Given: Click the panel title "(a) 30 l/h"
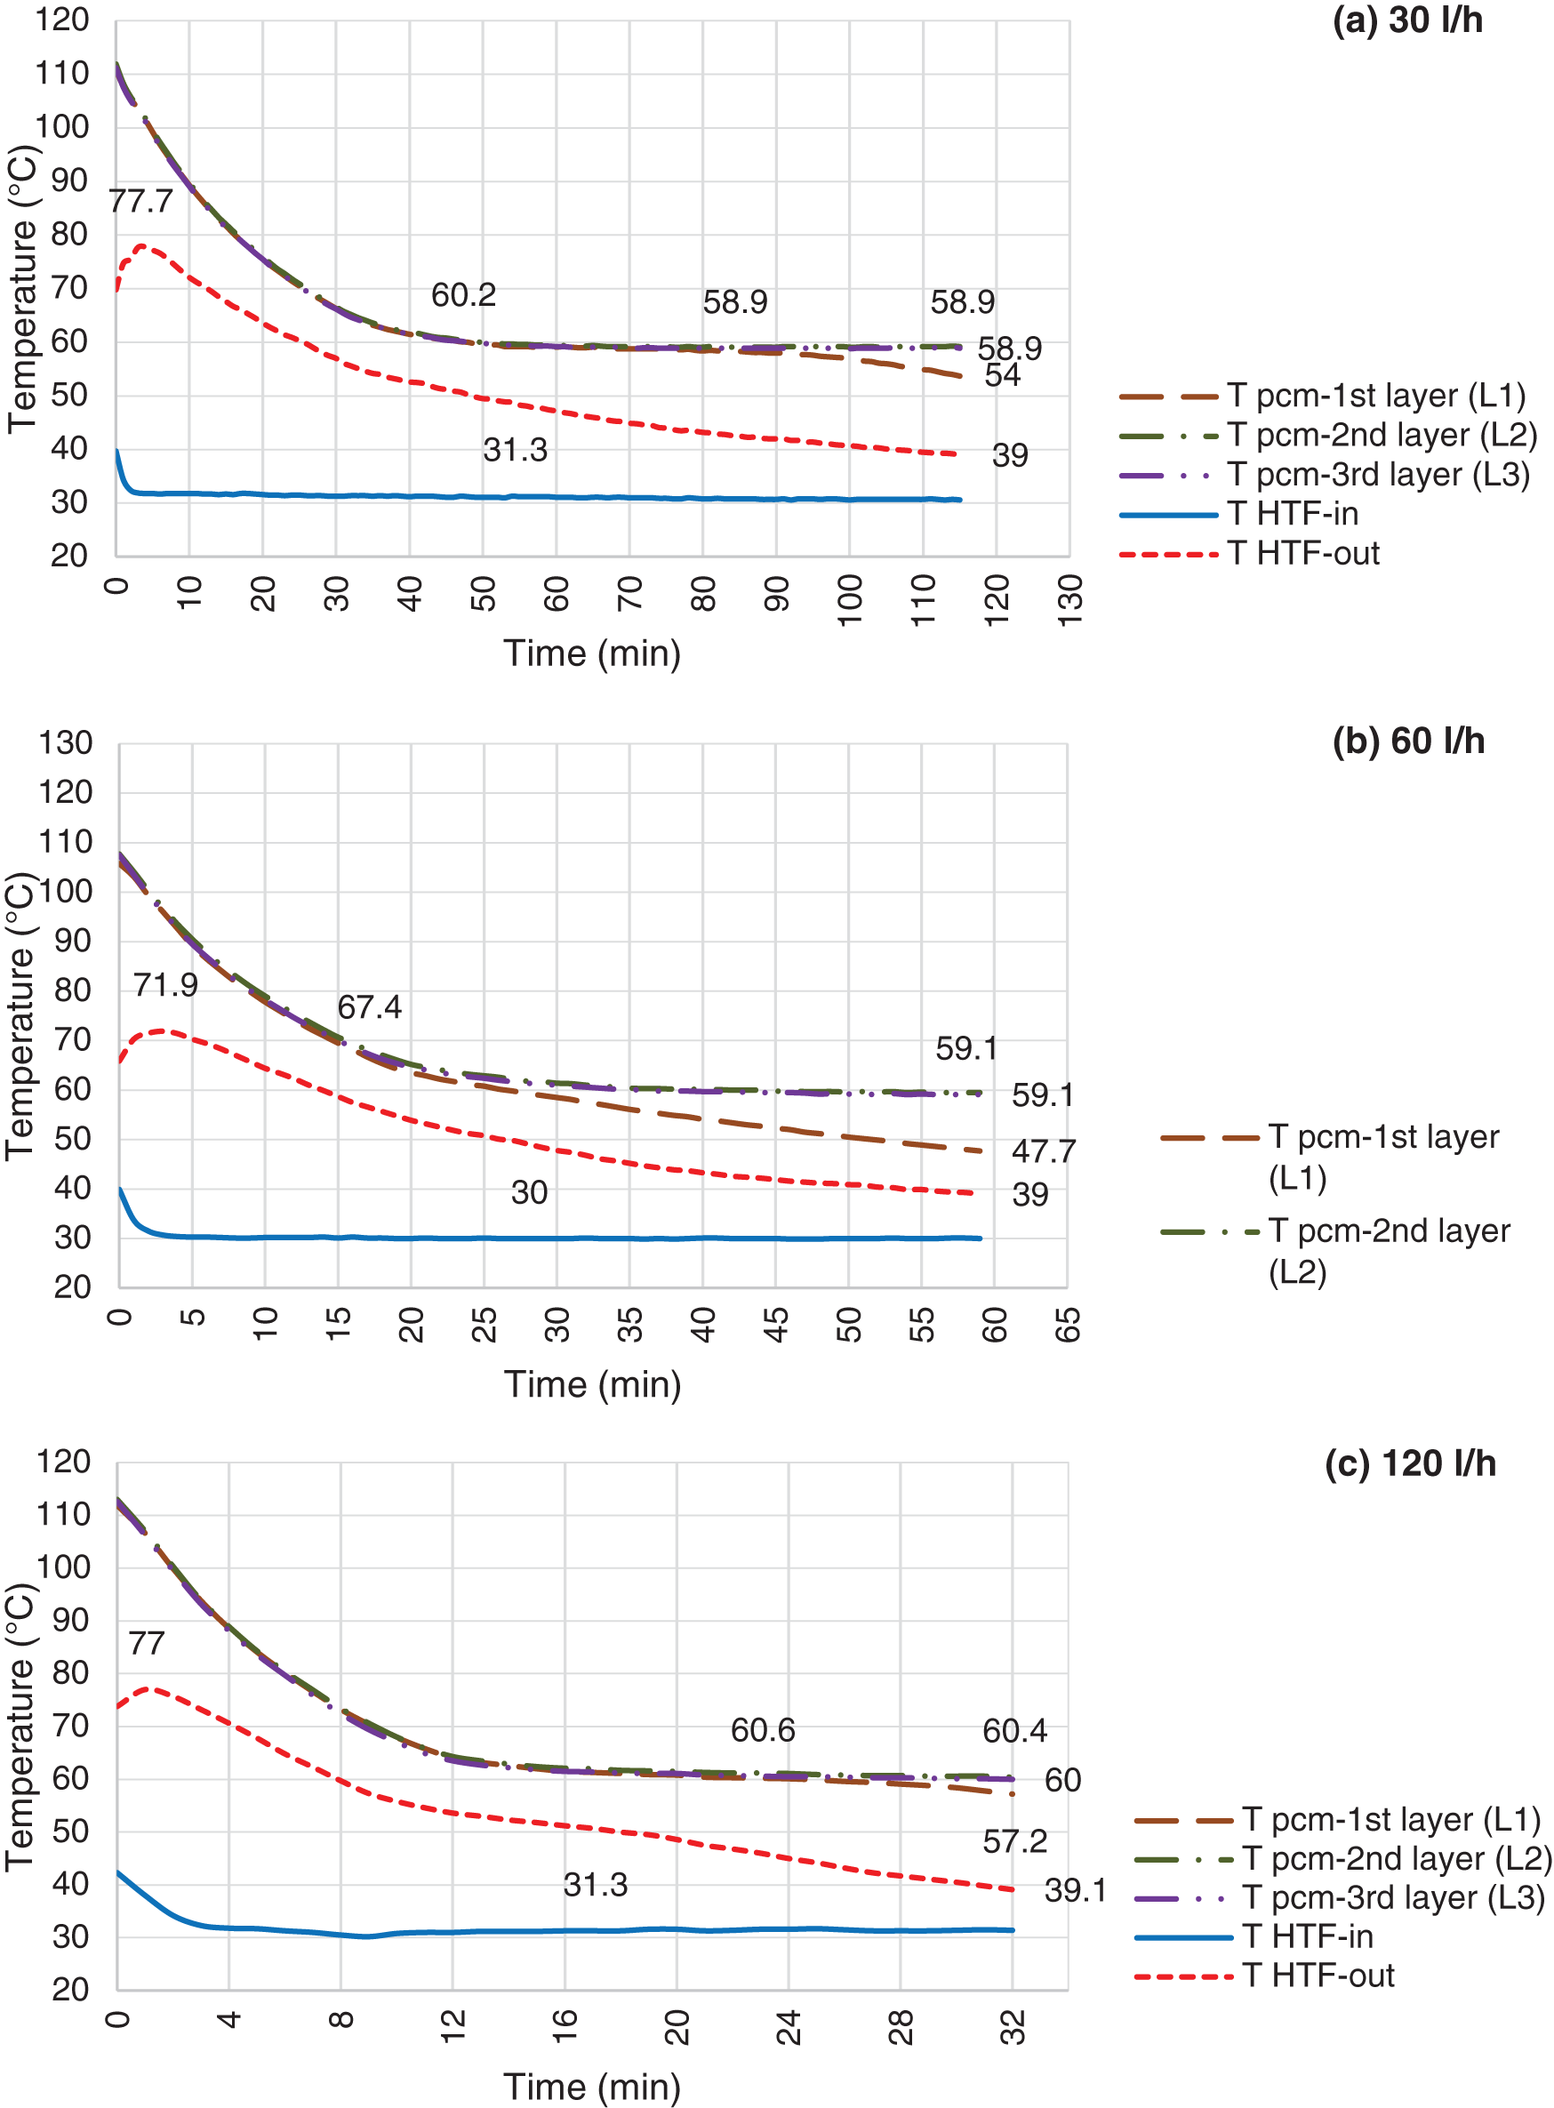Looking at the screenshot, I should pyautogui.click(x=1406, y=20).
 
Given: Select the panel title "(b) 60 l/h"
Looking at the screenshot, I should pyautogui.click(x=1407, y=741).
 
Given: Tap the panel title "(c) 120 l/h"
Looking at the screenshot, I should pyautogui.click(x=1409, y=1463).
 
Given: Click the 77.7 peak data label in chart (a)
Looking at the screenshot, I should pyautogui.click(x=141, y=201).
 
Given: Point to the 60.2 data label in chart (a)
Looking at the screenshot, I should pyautogui.click(x=463, y=295).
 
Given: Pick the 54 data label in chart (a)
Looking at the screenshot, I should pyautogui.click(x=1002, y=376).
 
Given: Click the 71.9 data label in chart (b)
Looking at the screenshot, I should pyautogui.click(x=165, y=985).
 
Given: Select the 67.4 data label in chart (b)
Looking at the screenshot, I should pyautogui.click(x=369, y=1007).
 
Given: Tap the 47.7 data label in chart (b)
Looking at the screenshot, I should pyautogui.click(x=1043, y=1151).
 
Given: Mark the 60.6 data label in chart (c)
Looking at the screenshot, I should pyautogui.click(x=763, y=1731).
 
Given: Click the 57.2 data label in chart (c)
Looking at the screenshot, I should pyautogui.click(x=1014, y=1842).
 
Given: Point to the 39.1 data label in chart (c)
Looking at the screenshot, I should pyautogui.click(x=1075, y=1891).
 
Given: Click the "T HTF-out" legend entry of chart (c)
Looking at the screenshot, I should pyautogui.click(x=1318, y=1976).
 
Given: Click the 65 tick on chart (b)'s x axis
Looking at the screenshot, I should pyautogui.click(x=1068, y=1325).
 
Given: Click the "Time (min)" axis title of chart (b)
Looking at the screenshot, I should pyautogui.click(x=593, y=1384).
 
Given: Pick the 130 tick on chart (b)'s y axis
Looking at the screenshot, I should pyautogui.click(x=66, y=743).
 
